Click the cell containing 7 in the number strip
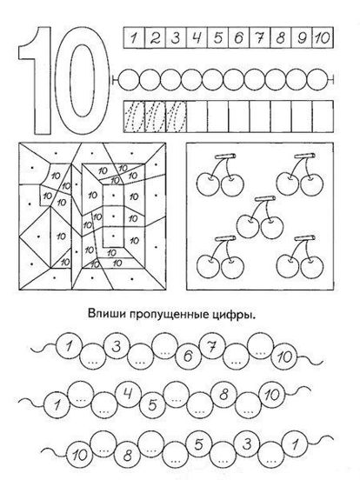tap(260, 37)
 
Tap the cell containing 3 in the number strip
tap(176, 37)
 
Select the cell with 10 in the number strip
tap(323, 37)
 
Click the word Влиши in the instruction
tap(107, 315)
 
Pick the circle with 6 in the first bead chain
tap(188, 356)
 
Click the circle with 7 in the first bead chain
tap(212, 346)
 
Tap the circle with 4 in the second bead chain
tap(129, 394)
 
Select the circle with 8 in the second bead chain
tap(223, 394)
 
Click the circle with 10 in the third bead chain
tap(79, 455)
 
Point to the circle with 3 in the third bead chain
tap(247, 444)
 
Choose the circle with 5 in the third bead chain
tap(198, 444)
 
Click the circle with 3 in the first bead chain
tap(117, 346)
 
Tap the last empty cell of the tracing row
tap(323, 117)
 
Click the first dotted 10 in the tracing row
tap(134, 117)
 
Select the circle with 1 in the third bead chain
tap(295, 444)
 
